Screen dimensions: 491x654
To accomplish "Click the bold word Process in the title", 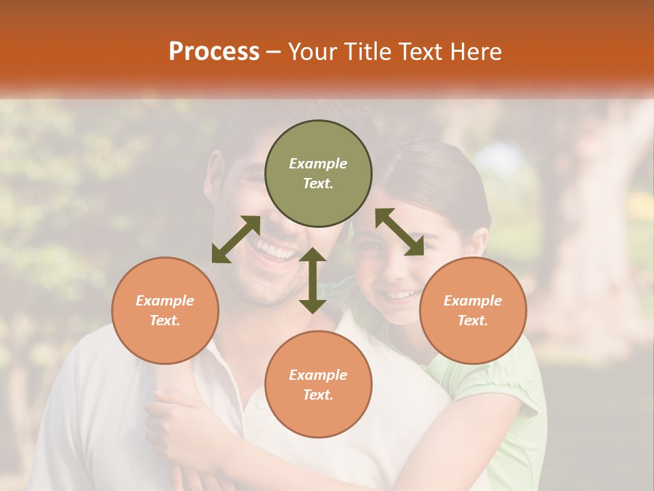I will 214,51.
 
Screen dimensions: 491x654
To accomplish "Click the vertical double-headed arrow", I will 313,280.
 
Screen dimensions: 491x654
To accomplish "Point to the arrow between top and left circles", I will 236,239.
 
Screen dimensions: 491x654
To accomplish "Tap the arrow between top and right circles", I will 399,232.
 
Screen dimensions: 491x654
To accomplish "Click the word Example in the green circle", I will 318,164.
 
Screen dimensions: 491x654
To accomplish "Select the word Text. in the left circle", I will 165,321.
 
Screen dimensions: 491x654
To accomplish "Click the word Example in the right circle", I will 473,301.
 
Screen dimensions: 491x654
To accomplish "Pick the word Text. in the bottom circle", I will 318,395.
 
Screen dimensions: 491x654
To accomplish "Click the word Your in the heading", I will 313,51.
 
